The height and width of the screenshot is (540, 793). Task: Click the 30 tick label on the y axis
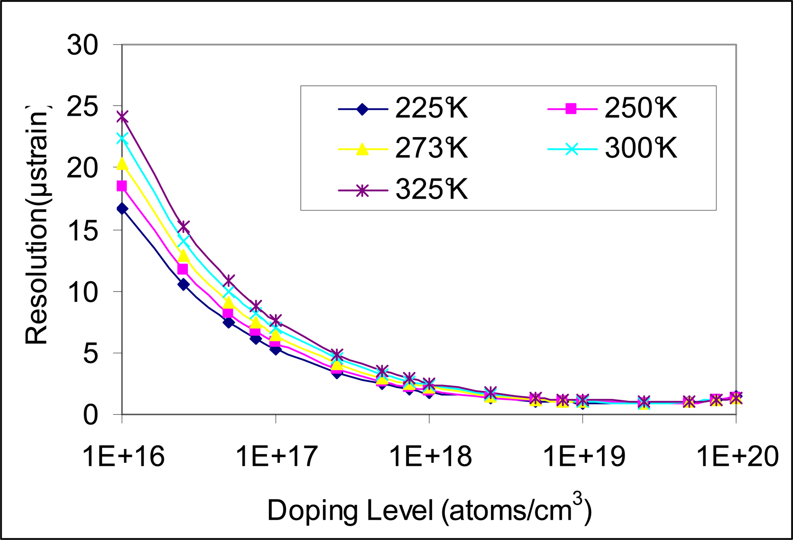[x=83, y=46]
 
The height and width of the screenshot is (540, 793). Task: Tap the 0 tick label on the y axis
[x=90, y=415]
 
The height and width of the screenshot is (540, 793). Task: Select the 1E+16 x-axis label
[x=123, y=457]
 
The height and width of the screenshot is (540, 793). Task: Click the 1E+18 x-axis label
[x=430, y=457]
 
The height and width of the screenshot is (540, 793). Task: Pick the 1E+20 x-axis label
[x=737, y=457]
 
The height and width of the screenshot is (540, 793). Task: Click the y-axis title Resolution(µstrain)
[x=37, y=223]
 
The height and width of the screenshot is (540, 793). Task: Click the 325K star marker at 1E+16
[x=122, y=117]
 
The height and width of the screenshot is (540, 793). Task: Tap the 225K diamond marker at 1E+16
[x=122, y=209]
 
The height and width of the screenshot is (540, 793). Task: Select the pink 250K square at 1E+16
[x=122, y=186]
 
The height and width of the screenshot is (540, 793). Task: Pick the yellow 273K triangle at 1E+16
[x=122, y=164]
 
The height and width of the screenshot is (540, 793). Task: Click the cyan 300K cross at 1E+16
[x=122, y=138]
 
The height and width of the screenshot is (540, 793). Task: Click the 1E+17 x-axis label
[x=277, y=457]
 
